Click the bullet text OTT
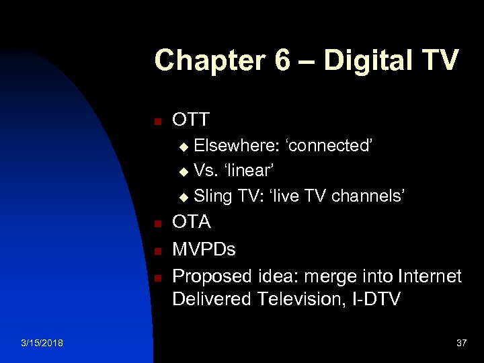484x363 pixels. click(x=191, y=120)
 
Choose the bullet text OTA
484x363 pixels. click(x=192, y=222)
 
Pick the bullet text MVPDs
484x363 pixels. click(x=204, y=249)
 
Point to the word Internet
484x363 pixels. click(x=430, y=276)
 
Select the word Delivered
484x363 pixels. click(x=210, y=299)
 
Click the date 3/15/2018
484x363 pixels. click(x=42, y=343)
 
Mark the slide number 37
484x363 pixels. click(x=461, y=343)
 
